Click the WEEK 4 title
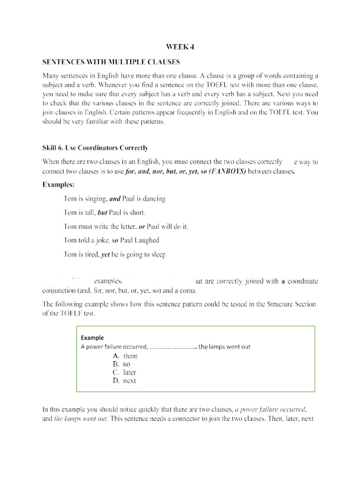(180, 47)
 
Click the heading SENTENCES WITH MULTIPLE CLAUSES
(111, 62)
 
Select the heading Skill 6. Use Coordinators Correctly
(95, 148)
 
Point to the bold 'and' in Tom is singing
(115, 199)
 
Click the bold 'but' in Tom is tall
(102, 213)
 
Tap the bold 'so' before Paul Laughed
(115, 240)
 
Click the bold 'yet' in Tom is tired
(105, 255)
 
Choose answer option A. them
(125, 356)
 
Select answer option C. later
(124, 373)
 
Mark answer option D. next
(124, 381)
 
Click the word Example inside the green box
(92, 337)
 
